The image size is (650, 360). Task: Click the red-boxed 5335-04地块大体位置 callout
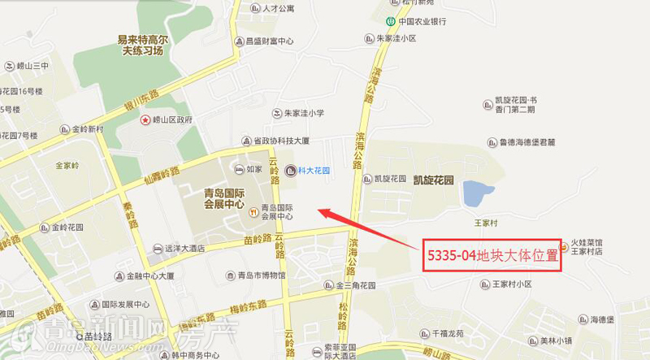coord(494,255)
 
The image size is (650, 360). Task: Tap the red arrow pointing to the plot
coord(366,228)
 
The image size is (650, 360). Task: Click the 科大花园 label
coord(314,171)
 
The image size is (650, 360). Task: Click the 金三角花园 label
coord(356,286)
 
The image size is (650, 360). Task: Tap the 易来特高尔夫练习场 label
coord(141,45)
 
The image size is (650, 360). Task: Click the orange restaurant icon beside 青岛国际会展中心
coord(253,212)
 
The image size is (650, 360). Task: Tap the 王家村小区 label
coord(511,284)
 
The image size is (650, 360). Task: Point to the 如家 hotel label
coord(253,170)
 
